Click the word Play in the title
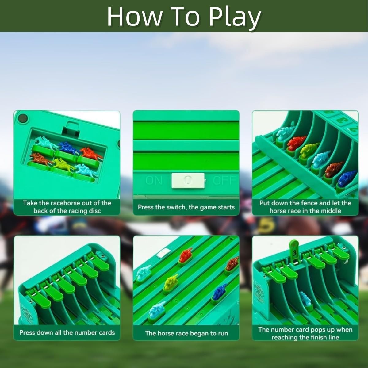point(235,17)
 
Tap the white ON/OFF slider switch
point(188,180)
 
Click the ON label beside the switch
point(154,180)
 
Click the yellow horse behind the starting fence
point(308,151)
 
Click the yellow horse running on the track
point(171,284)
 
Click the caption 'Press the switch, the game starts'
point(186,207)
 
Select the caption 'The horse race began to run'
point(186,333)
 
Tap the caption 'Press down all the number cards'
point(67,333)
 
